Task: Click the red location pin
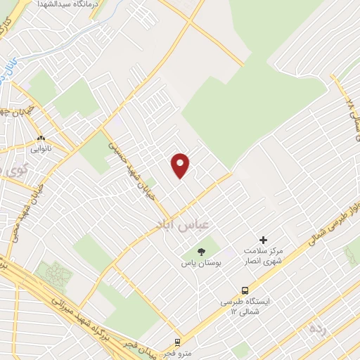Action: click(x=181, y=165)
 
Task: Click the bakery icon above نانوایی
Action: click(x=41, y=139)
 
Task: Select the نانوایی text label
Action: click(x=39, y=149)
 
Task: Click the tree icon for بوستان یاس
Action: click(x=202, y=250)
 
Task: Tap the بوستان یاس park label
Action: click(x=200, y=264)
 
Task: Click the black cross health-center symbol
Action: click(x=264, y=240)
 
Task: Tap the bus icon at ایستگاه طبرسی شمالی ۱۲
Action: click(x=245, y=290)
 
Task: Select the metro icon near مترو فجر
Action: click(x=177, y=342)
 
